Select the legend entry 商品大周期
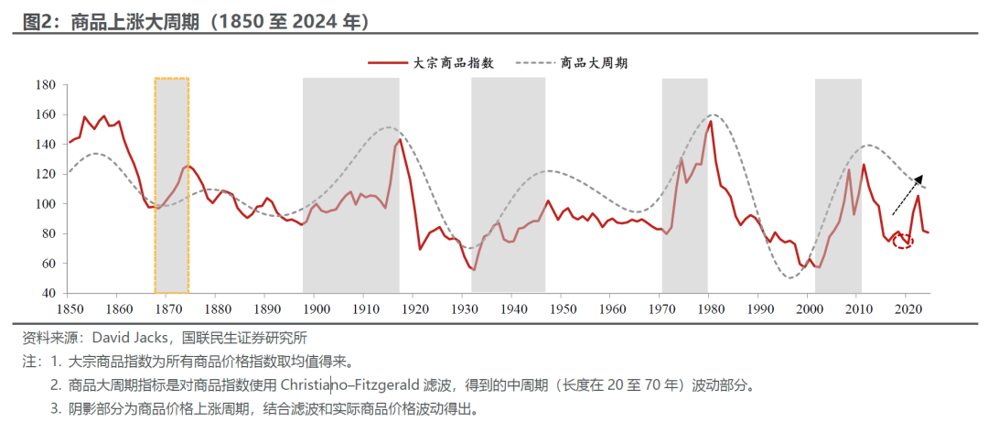coord(593,63)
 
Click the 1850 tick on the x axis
coord(69,309)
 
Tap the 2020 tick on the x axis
coord(907,309)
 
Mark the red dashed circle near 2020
coord(903,242)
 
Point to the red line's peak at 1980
coord(711,121)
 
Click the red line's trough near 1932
coord(474,269)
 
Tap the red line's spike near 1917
coord(400,139)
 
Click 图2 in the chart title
coord(35,20)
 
